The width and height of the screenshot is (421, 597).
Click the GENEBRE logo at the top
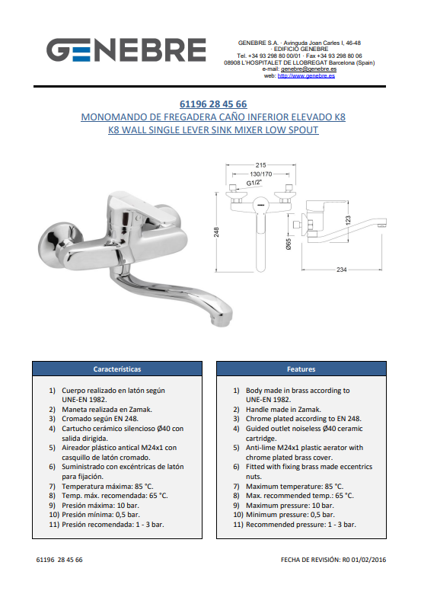126,50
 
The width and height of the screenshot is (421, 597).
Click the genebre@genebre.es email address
309,69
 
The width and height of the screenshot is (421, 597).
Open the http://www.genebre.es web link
306,76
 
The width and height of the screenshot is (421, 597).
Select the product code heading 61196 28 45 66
213,104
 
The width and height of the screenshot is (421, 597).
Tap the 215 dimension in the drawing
260,165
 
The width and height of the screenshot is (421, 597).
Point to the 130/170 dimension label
260,174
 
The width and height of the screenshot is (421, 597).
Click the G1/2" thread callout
254,183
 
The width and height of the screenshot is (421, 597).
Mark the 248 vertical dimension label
216,231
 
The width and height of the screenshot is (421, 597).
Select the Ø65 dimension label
288,244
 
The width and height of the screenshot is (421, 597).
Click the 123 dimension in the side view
347,221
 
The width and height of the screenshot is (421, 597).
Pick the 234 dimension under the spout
341,270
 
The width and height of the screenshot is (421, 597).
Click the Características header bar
117,369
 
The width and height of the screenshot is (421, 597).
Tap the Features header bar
301,369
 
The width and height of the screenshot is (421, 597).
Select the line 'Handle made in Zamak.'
283,410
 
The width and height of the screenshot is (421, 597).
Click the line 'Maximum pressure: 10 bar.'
289,506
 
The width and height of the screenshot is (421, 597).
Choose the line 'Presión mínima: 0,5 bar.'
100,515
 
